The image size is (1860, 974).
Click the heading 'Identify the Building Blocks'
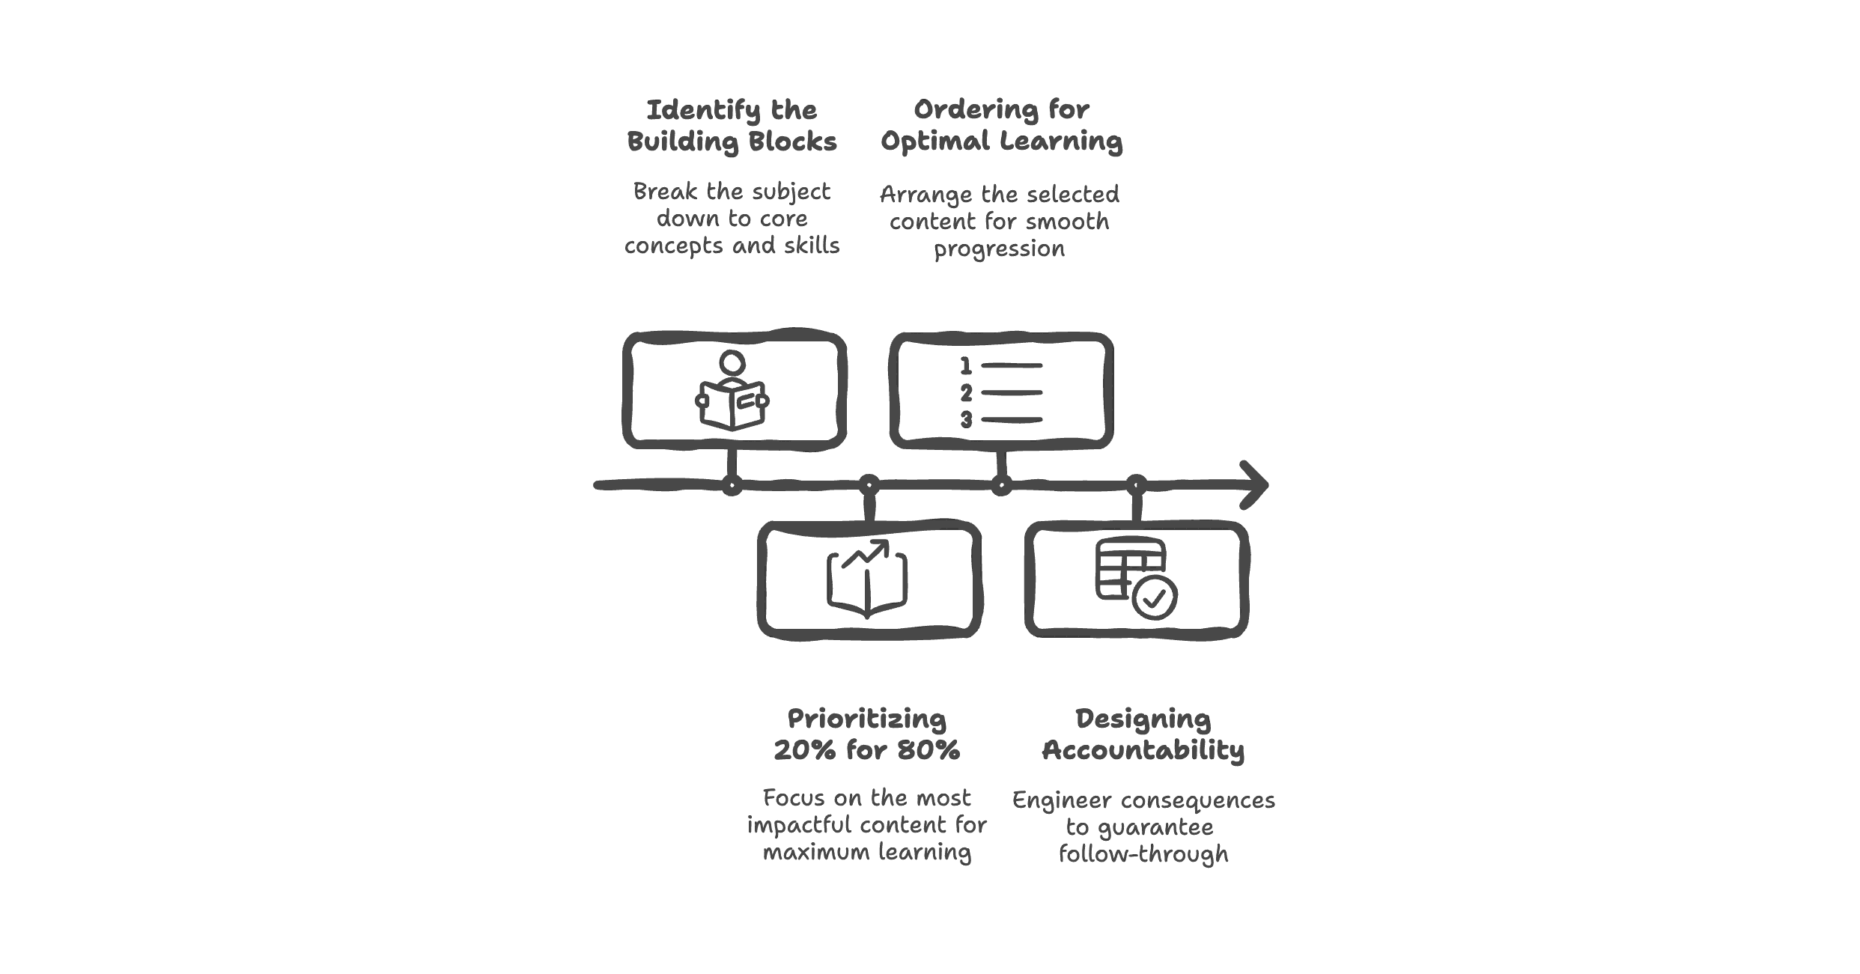click(732, 126)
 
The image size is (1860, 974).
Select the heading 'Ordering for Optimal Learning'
click(1001, 125)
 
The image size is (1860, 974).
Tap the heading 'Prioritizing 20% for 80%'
click(866, 734)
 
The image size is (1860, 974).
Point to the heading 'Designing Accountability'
click(1143, 734)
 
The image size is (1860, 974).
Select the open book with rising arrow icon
click(867, 579)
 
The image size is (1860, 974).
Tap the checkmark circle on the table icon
click(1154, 597)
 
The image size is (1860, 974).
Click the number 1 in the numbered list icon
click(966, 366)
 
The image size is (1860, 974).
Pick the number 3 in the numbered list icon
click(966, 420)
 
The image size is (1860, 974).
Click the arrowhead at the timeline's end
click(1255, 485)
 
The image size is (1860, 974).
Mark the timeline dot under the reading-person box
click(732, 486)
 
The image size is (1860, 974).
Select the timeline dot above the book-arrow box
click(868, 485)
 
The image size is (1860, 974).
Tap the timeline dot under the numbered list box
click(1001, 486)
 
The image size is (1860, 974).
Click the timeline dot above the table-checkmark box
click(1136, 485)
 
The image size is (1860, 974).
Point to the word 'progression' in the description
click(999, 249)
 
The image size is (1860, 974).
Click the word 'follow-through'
click(1143, 854)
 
